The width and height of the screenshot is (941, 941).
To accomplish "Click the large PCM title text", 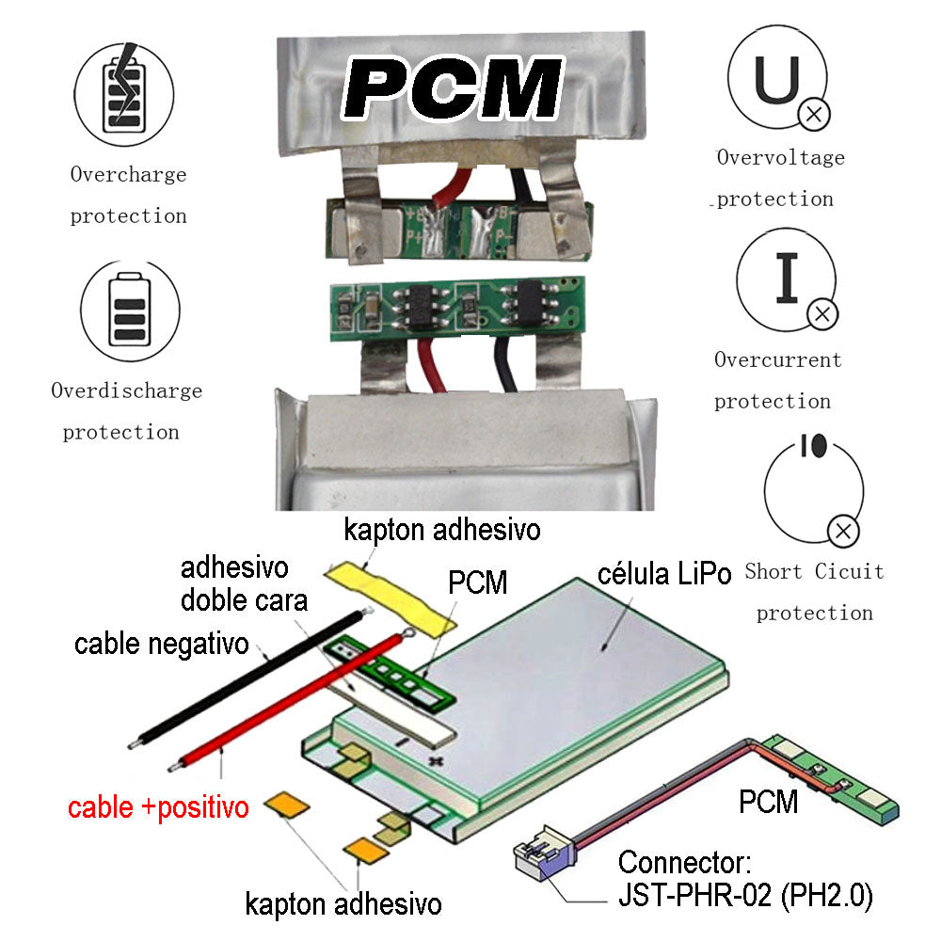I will [x=453, y=88].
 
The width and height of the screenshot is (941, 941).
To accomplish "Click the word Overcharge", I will [x=128, y=174].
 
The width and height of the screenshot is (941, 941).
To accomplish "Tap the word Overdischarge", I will [x=126, y=390].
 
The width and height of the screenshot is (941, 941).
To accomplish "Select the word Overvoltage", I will [x=780, y=157].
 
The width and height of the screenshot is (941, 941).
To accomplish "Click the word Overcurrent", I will [x=777, y=359].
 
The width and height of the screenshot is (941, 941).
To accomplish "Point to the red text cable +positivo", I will [x=158, y=807].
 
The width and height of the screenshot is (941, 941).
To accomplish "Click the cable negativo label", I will [x=161, y=645].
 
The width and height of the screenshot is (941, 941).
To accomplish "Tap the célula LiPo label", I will [x=664, y=574].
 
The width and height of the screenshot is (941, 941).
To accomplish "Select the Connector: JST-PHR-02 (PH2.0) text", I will [x=744, y=879].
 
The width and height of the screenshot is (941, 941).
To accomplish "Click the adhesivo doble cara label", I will [x=243, y=583].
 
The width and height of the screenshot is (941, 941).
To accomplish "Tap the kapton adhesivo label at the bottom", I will [x=343, y=905].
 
